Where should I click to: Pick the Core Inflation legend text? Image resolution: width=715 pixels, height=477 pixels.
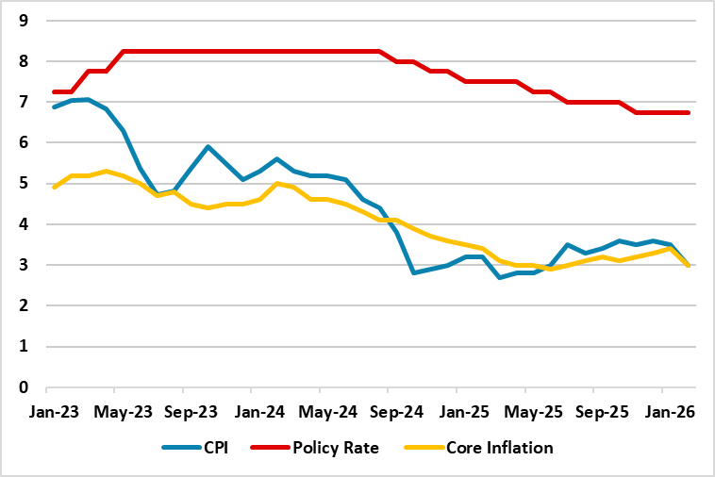[x=498, y=448]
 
